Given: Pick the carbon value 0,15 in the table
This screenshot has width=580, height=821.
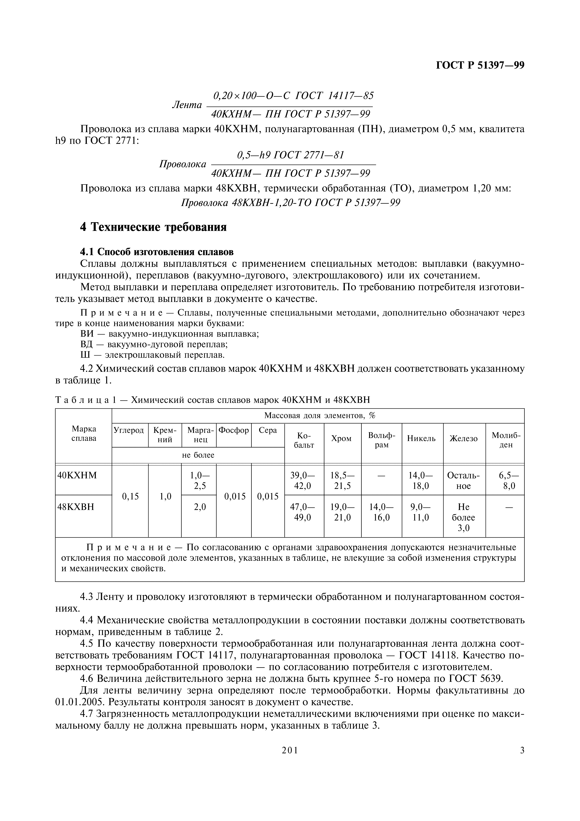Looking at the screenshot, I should (130, 496).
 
